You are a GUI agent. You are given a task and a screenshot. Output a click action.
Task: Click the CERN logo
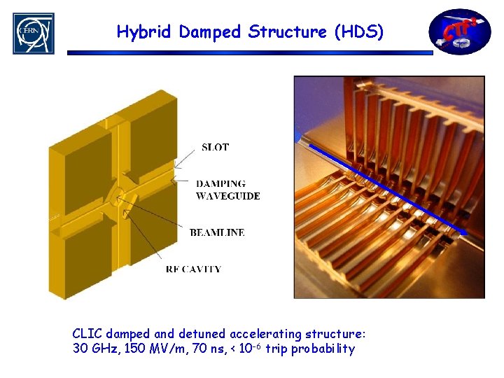[33, 33]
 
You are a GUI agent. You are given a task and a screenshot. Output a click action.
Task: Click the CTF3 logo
[460, 31]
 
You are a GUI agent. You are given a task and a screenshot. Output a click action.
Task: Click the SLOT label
[215, 147]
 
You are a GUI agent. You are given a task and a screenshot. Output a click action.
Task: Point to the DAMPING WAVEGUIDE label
[227, 190]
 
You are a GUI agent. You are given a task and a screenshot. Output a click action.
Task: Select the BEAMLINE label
[217, 232]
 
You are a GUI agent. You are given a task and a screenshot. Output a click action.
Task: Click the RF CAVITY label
[194, 269]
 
